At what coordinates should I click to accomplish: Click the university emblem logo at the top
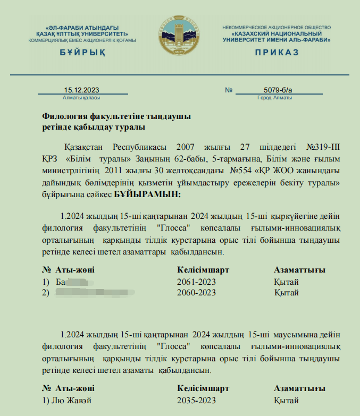[x=180, y=36]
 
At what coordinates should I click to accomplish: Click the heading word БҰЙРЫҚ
[x=82, y=52]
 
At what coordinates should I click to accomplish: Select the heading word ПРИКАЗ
[x=277, y=52]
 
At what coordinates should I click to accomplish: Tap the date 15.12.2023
[x=81, y=90]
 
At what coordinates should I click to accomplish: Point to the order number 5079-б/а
[x=278, y=90]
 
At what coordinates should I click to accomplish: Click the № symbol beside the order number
[x=229, y=90]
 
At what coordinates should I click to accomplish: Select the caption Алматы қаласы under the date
[x=81, y=98]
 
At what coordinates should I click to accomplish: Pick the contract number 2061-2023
[x=196, y=282]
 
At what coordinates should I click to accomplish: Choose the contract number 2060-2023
[x=196, y=292]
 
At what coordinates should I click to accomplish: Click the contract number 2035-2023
[x=196, y=400]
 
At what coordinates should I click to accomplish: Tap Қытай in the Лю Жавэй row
[x=287, y=400]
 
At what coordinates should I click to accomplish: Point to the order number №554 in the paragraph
[x=240, y=171]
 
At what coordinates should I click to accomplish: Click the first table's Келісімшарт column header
[x=203, y=270]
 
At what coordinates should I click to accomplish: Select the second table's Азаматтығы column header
[x=299, y=388]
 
